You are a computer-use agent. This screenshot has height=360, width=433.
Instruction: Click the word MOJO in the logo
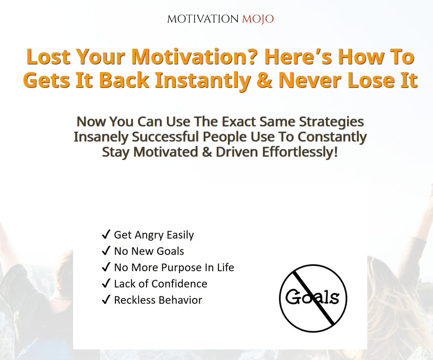258,19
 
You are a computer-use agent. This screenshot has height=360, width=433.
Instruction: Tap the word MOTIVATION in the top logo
203,19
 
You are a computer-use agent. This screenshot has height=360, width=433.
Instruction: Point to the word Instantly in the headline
203,80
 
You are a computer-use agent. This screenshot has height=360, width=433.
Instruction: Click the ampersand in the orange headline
265,80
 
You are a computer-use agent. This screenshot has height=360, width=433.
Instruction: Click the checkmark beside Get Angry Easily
106,235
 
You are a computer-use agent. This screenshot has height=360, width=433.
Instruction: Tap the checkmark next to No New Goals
106,251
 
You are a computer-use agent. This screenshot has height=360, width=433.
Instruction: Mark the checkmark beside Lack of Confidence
106,283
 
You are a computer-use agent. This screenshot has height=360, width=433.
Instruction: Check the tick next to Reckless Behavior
106,299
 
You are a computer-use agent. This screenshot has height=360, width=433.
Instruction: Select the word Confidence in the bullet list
179,284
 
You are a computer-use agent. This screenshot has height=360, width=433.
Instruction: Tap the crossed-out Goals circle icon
313,298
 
